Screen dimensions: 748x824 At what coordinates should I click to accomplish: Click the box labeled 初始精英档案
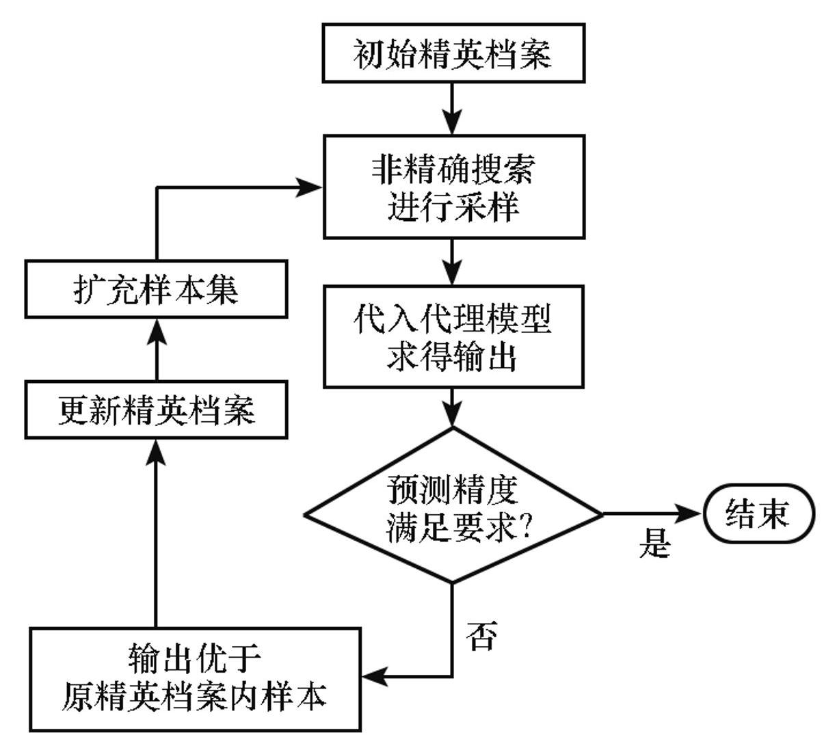point(453,53)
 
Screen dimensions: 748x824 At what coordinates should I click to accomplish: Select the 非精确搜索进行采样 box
point(453,187)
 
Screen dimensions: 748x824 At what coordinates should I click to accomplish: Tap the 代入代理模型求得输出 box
point(453,336)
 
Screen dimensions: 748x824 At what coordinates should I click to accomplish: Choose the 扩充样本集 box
point(156,289)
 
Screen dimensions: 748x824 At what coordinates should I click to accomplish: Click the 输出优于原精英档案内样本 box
point(195,679)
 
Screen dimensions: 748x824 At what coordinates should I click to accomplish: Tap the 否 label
point(481,636)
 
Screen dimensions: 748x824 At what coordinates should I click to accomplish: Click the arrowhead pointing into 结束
point(691,513)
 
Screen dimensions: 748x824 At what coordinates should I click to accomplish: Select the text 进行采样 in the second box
point(453,206)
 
